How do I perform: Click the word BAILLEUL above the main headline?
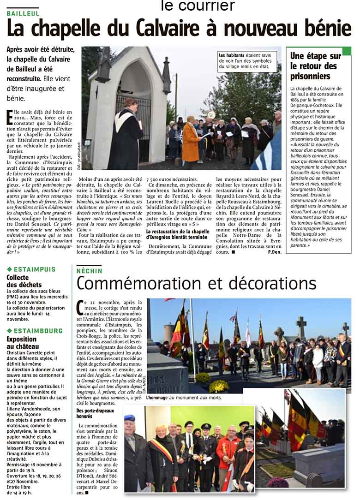click(x=23, y=12)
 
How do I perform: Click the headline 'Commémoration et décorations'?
click(x=196, y=282)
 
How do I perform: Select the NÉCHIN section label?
click(x=90, y=271)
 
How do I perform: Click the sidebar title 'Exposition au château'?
click(x=23, y=342)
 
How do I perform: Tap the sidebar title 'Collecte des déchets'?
click(x=24, y=281)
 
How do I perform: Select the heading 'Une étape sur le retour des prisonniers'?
click(x=316, y=66)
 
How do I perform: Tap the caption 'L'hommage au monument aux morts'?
click(x=184, y=398)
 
